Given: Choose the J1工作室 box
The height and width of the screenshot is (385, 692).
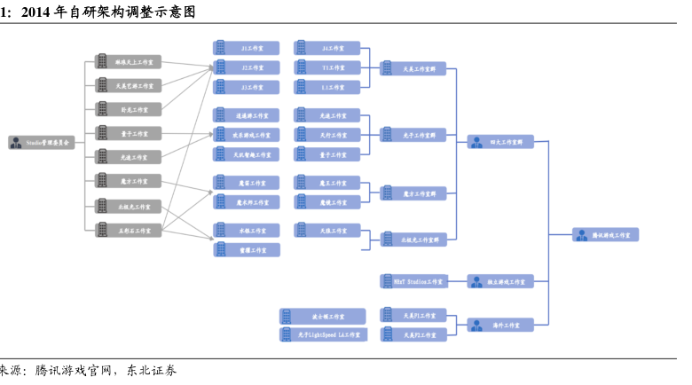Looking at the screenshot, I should click(246, 47).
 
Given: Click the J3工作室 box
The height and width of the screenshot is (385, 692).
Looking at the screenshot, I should click(246, 87).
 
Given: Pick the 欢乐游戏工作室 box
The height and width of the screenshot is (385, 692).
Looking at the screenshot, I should click(246, 135).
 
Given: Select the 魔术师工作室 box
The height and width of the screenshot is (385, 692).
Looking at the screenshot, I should click(246, 201).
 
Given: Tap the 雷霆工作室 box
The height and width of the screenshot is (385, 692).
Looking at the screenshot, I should click(246, 250).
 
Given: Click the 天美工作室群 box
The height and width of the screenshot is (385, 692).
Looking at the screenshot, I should click(413, 67).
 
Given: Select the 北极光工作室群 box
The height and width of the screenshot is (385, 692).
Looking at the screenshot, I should click(413, 239).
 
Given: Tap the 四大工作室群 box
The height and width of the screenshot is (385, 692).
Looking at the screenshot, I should click(500, 142).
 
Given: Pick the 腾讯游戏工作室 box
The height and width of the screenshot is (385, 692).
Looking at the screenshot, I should click(606, 234).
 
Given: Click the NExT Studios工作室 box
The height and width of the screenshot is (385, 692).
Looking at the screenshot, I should click(413, 281).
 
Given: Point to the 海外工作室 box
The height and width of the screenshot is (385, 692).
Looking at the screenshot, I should click(500, 325).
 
